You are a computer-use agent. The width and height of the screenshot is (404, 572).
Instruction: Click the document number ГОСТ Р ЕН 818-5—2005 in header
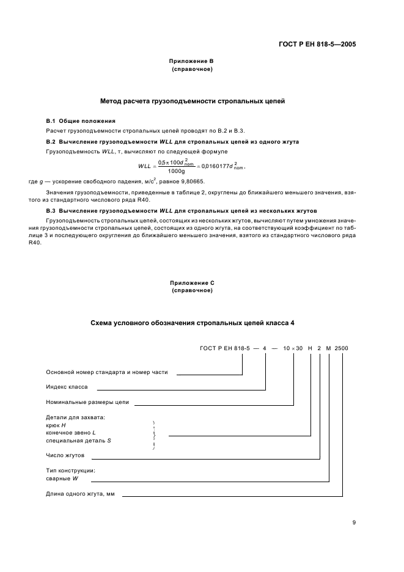[x=318, y=44]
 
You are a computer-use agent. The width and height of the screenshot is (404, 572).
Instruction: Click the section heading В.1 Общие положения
[x=81, y=121]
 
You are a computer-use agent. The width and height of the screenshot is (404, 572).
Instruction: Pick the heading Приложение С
[x=192, y=282]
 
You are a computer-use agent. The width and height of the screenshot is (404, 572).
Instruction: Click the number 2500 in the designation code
[x=342, y=348]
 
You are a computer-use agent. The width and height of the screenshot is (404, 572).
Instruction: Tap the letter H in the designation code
[x=310, y=348]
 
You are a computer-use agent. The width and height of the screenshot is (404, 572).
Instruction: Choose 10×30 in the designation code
[x=294, y=348]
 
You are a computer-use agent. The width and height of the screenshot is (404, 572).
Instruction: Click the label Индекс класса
[x=67, y=387]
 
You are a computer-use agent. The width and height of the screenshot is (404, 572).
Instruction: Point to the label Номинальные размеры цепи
[x=88, y=402]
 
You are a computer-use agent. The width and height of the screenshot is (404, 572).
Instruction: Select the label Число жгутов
[x=65, y=455]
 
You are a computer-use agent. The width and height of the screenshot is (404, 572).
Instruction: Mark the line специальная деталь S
[x=78, y=440]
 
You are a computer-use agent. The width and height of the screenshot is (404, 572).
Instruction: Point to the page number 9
[x=354, y=522]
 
